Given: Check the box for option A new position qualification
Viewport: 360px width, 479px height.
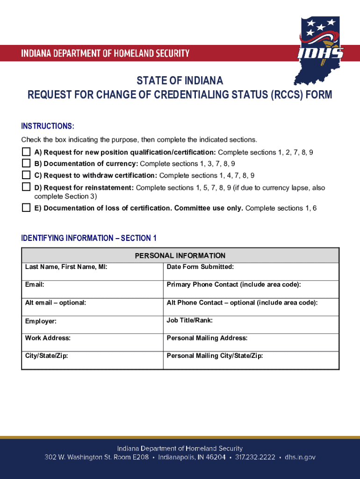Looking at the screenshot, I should click(x=26, y=152).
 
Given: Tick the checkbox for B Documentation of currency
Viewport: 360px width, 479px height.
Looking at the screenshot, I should click(x=26, y=163).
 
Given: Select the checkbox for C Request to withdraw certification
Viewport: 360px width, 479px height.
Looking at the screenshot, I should click(x=26, y=175).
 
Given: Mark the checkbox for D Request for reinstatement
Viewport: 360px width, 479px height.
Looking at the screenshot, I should click(x=26, y=187).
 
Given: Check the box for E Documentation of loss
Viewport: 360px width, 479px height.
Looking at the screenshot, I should click(x=26, y=208).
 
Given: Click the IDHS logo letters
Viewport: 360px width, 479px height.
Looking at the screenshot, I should click(x=320, y=52).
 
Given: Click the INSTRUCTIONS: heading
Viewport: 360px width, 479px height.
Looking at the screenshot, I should click(x=48, y=127).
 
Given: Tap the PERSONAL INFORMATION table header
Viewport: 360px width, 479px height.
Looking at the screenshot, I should click(x=180, y=255).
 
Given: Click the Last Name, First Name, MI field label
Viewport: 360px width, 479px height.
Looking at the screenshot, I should click(x=66, y=267).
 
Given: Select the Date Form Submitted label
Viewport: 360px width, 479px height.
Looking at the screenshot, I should click(x=200, y=267).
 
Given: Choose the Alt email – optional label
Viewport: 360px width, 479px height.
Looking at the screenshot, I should click(x=56, y=303).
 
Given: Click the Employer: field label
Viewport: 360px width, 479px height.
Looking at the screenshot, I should click(x=41, y=321).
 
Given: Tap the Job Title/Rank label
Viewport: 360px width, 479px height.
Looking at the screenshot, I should click(x=190, y=320).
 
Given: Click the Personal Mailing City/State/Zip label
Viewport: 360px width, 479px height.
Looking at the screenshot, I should click(x=215, y=356).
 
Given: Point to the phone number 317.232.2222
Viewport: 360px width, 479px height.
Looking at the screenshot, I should click(x=255, y=457).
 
